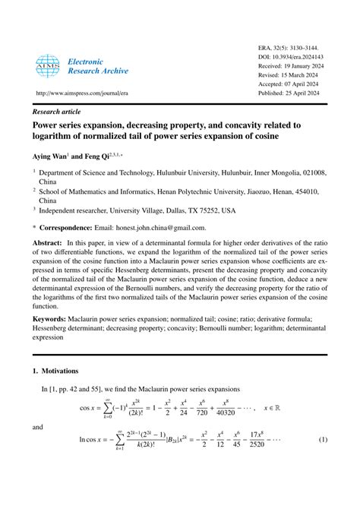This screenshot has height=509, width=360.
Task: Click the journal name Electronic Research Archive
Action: point(98,65)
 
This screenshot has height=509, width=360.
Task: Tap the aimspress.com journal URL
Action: point(77,93)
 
